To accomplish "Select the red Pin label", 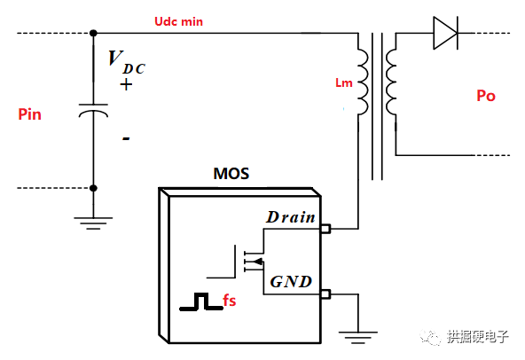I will coord(29,114).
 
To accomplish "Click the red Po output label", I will coord(486,96).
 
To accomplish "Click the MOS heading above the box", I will coord(231,173).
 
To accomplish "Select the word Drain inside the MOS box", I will coord(290,217).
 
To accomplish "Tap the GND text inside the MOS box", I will coord(291,282).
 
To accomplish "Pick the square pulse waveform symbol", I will coord(200,302).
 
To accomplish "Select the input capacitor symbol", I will coord(94,113).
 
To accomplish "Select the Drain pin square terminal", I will coord(325,230).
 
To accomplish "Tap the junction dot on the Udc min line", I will coord(94,35).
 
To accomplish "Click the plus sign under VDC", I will coord(126,85).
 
